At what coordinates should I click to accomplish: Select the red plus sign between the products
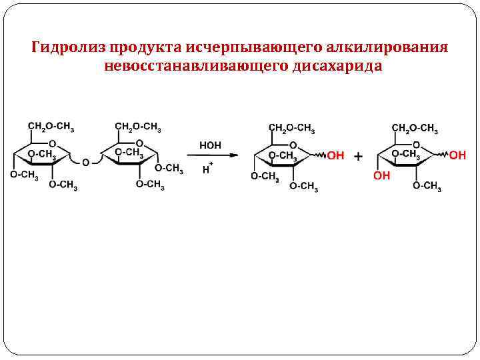pyautogui.click(x=359, y=156)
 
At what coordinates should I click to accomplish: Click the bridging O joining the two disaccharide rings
pyautogui.click(x=85, y=163)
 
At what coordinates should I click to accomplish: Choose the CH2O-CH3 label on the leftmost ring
pyautogui.click(x=51, y=126)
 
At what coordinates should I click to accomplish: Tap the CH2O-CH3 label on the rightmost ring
pyautogui.click(x=415, y=127)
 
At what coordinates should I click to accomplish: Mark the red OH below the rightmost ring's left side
pyautogui.click(x=382, y=176)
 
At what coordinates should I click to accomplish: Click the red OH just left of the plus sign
pyautogui.click(x=335, y=155)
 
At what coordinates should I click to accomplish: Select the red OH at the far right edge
pyautogui.click(x=457, y=155)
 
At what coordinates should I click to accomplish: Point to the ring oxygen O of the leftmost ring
pyautogui.click(x=53, y=143)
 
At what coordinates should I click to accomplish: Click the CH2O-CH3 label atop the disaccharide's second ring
pyautogui.click(x=138, y=126)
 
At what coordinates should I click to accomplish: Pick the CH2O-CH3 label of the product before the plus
pyautogui.click(x=292, y=127)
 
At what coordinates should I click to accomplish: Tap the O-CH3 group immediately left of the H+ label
pyautogui.click(x=169, y=168)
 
